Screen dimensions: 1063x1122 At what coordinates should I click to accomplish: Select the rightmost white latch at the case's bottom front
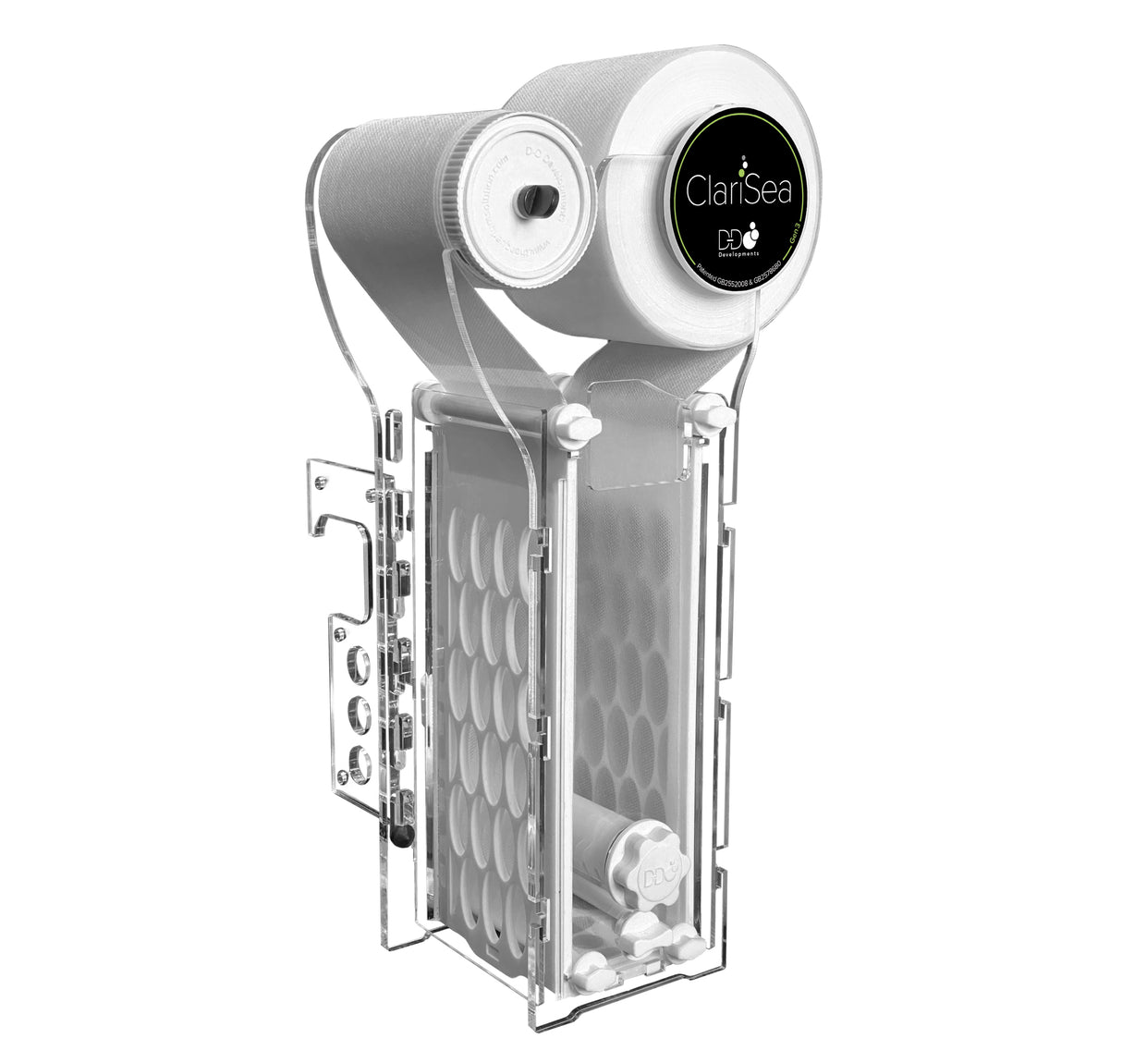[x=685, y=947]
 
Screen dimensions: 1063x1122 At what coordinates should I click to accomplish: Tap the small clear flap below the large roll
[x=630, y=436]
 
